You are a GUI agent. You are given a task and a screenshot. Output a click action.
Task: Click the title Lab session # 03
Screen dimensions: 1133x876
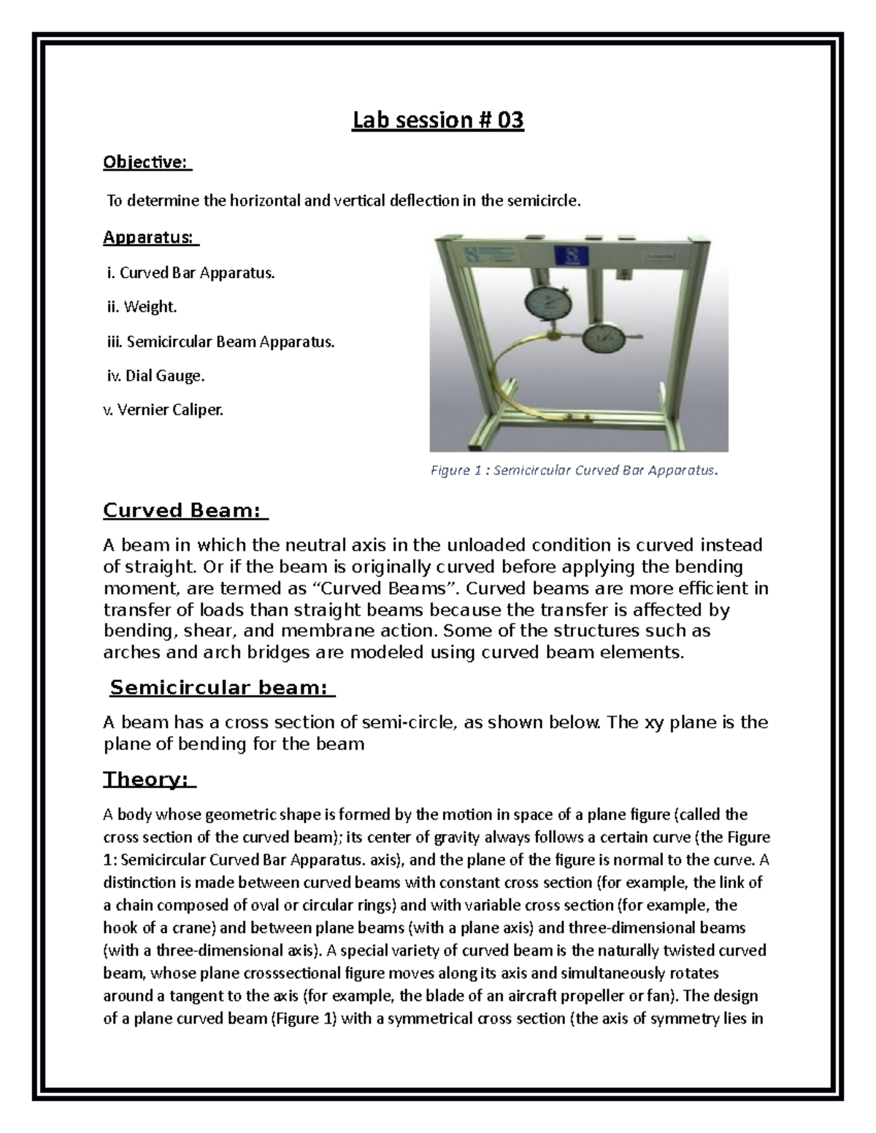438,120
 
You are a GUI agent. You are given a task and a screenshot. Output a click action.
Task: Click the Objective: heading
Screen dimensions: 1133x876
145,162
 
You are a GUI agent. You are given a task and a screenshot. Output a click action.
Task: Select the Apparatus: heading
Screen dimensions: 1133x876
150,237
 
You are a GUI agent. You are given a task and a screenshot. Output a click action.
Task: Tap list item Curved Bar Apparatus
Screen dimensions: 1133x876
191,273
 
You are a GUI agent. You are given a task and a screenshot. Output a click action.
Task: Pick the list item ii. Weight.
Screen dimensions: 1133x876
142,307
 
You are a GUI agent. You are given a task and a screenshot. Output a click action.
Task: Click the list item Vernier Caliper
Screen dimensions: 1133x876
163,410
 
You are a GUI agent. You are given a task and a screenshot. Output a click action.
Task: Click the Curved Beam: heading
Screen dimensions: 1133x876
184,510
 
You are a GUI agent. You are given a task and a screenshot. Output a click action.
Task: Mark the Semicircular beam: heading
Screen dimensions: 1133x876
221,687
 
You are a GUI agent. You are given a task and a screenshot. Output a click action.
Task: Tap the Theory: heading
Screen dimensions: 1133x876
148,779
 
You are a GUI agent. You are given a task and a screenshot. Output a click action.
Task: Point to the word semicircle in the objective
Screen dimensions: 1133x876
550,201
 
